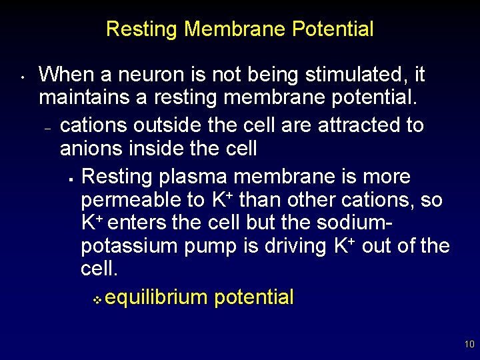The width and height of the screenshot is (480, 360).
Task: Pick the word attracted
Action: [339, 125]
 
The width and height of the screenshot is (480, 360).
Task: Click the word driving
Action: [293, 246]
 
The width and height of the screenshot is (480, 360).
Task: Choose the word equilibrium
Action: [157, 297]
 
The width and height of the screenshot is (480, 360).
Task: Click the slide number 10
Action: [469, 345]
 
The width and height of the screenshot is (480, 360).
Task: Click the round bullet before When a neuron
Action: [22, 76]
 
